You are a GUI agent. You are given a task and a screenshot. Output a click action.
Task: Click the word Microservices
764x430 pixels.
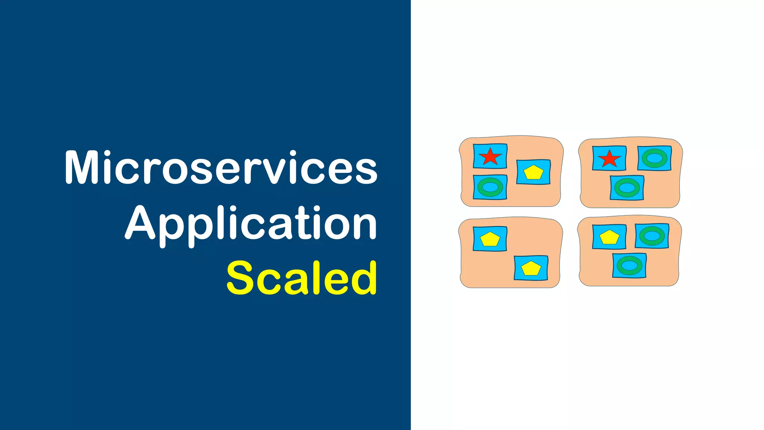click(221, 168)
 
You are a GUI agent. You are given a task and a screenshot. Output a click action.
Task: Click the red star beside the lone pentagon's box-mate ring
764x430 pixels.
click(490, 156)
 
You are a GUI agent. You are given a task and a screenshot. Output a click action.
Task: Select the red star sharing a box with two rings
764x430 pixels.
click(609, 159)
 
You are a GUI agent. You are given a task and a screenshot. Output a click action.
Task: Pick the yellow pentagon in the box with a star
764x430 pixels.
click(533, 172)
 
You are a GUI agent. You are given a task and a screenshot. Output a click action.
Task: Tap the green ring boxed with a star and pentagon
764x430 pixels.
click(490, 187)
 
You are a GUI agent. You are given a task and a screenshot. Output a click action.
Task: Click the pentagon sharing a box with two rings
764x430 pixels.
click(609, 237)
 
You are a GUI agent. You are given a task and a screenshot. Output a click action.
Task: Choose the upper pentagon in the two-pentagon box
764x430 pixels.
click(490, 239)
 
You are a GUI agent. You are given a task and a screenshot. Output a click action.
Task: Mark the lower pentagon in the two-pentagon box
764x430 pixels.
click(531, 268)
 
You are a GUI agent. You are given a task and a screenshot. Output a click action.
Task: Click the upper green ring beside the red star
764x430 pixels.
click(654, 158)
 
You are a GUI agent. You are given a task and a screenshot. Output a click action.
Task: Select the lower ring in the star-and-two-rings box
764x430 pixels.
click(627, 188)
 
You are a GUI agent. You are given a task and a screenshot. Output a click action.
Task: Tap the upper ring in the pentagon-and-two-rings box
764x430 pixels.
click(652, 236)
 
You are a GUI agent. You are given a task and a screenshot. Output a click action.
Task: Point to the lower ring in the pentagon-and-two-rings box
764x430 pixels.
click(629, 265)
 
